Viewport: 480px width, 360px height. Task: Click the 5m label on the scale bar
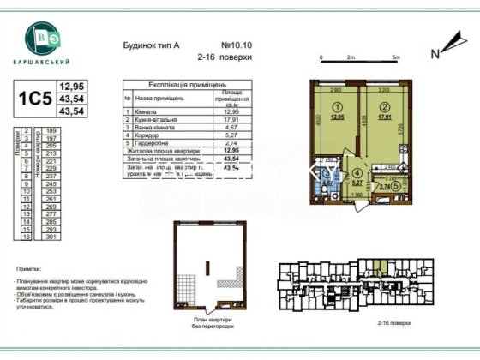394,57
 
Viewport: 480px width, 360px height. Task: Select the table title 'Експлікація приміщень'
176,86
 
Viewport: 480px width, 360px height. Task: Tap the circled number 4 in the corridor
358,171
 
